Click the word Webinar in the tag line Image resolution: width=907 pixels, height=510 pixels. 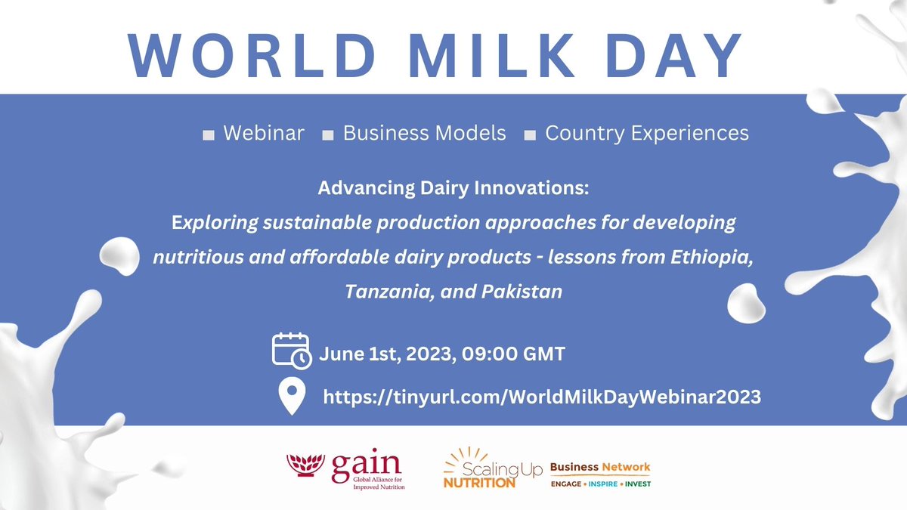[264, 134]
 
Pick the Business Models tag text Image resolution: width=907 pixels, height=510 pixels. [424, 134]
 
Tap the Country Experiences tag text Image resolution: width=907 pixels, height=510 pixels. [646, 134]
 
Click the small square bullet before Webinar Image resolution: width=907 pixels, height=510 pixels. [209, 135]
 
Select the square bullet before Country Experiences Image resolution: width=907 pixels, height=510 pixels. [530, 135]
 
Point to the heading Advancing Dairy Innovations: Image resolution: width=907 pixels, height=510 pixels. [453, 188]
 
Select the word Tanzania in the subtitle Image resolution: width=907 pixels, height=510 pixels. [382, 291]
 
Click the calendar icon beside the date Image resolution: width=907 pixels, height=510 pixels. [291, 350]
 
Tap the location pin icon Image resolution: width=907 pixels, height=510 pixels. [292, 396]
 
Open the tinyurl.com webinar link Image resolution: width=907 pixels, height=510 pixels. [541, 397]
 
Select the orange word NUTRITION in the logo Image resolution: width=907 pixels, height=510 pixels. [478, 482]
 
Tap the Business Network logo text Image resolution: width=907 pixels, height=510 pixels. [599, 467]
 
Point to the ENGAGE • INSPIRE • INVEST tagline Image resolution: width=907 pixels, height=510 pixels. [600, 484]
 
